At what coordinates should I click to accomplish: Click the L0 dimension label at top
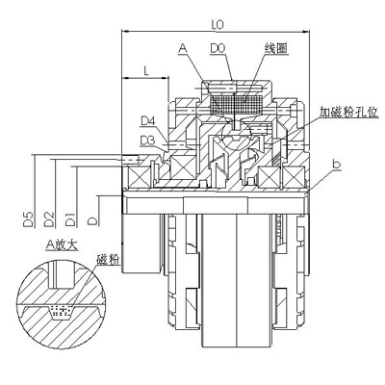[218, 25]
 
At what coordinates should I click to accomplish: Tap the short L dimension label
[146, 71]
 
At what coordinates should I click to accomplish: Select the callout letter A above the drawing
[183, 48]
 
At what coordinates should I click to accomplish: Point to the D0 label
[218, 48]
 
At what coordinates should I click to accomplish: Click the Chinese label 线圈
[275, 48]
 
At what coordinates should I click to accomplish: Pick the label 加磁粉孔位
[348, 112]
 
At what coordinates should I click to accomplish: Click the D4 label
[148, 121]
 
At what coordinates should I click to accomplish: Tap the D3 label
[148, 141]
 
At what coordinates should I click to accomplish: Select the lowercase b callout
[336, 164]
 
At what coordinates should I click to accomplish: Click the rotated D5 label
[28, 219]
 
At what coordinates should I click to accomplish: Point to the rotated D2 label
[49, 219]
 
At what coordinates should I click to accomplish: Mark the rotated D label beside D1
[93, 221]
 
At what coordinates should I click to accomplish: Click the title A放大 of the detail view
[62, 244]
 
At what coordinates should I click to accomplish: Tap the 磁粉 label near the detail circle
[108, 259]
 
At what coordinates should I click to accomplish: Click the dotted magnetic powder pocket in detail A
[62, 312]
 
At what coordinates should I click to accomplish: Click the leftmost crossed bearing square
[139, 178]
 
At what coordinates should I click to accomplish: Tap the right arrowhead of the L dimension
[166, 77]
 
